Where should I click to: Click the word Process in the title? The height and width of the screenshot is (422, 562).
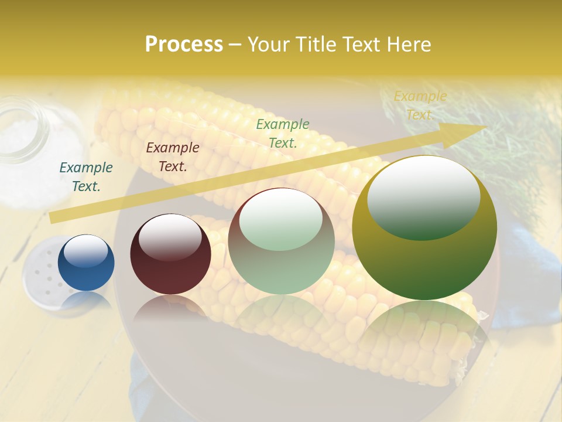pos(184,45)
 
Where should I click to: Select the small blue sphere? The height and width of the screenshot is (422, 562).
pos(86,263)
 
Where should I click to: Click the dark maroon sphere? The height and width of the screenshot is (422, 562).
pos(170,254)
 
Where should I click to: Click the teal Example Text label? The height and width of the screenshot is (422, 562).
pos(86,177)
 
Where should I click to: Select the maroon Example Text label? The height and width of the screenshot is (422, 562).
pos(173,157)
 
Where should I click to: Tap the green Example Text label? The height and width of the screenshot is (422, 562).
pos(283,133)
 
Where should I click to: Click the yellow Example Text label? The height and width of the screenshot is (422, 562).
pos(420,105)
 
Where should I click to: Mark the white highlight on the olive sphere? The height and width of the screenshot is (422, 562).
pos(423,196)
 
